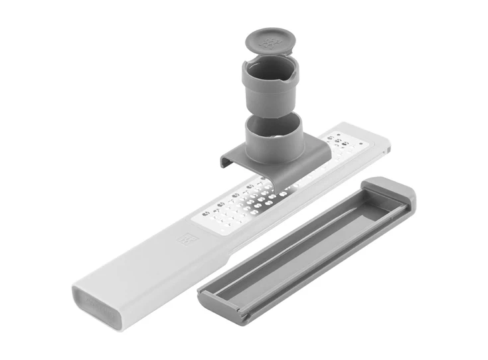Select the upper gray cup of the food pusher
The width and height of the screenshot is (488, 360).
269,90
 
